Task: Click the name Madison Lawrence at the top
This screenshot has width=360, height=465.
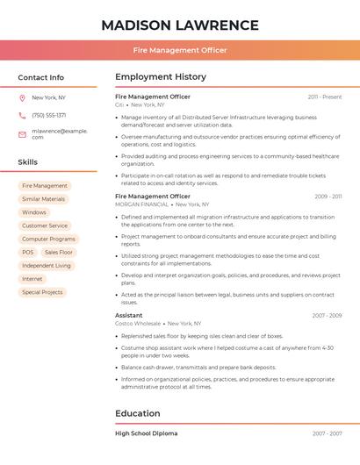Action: pyautogui.click(x=180, y=25)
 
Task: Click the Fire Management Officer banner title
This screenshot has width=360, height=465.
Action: pyautogui.click(x=180, y=50)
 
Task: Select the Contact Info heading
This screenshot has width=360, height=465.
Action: pyautogui.click(x=40, y=77)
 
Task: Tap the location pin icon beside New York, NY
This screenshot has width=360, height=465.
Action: pyautogui.click(x=22, y=97)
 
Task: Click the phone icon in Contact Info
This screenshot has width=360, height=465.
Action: pyautogui.click(x=22, y=115)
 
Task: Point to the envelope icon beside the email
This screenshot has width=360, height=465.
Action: pyautogui.click(x=22, y=134)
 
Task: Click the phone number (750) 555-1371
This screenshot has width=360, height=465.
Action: pyautogui.click(x=49, y=115)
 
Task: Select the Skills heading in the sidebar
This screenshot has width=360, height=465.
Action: pyautogui.click(x=27, y=162)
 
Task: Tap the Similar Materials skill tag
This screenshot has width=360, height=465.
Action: pyautogui.click(x=43, y=199)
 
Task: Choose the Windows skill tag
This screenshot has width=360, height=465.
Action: pyautogui.click(x=34, y=212)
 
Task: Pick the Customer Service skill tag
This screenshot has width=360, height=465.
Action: pyautogui.click(x=45, y=225)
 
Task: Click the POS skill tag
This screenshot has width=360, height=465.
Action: pyautogui.click(x=28, y=252)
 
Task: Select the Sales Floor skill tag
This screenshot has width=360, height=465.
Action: pyautogui.click(x=59, y=252)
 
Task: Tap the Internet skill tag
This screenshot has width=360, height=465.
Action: pyautogui.click(x=32, y=279)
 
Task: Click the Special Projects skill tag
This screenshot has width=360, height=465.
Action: pyautogui.click(x=42, y=292)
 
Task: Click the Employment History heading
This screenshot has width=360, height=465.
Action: pyautogui.click(x=161, y=77)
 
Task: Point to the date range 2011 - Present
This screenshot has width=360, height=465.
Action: pyautogui.click(x=325, y=97)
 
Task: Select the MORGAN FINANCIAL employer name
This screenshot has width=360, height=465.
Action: pyautogui.click(x=142, y=204)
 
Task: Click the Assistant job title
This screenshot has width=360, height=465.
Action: pyautogui.click(x=129, y=315)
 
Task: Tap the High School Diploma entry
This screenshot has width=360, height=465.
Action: pyautogui.click(x=147, y=433)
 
